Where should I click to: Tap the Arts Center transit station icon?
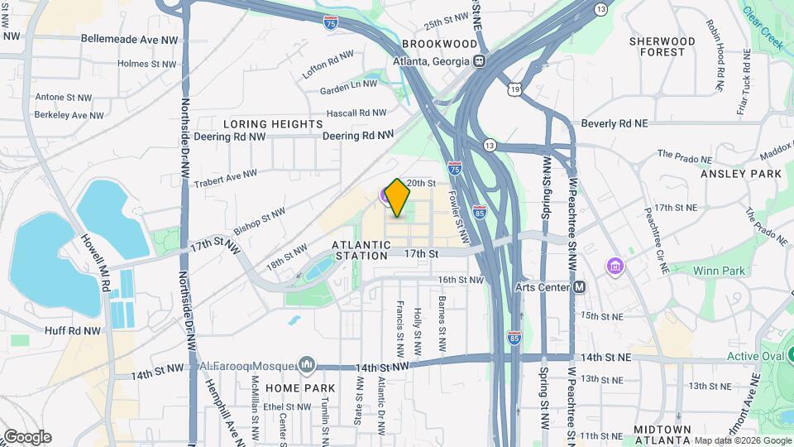pyautogui.click(x=580, y=287)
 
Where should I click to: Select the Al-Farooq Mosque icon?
pyautogui.click(x=308, y=364)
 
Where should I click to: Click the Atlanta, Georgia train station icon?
pyautogui.click(x=478, y=60)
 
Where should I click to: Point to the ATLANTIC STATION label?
pyautogui.click(x=361, y=250)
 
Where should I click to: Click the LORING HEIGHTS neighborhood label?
pyautogui.click(x=272, y=124)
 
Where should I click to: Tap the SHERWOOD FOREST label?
pyautogui.click(x=662, y=46)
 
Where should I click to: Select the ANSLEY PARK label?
pyautogui.click(x=740, y=174)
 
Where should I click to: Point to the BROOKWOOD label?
pyautogui.click(x=440, y=44)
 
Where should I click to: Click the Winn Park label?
pyautogui.click(x=720, y=270)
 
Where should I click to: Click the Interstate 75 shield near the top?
pyautogui.click(x=331, y=23)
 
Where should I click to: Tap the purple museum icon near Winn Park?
pyautogui.click(x=615, y=267)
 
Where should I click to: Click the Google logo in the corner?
pyautogui.click(x=27, y=437)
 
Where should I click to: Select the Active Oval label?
pyautogui.click(x=754, y=357)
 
